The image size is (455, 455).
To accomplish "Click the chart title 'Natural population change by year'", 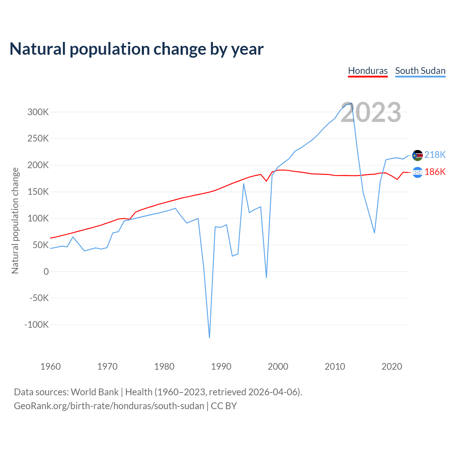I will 136,49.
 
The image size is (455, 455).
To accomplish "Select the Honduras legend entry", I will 368,71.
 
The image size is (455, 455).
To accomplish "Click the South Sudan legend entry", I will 420,71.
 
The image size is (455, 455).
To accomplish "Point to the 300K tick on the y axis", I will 38,112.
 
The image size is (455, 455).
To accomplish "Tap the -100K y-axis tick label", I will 36,325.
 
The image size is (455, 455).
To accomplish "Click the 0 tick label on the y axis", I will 46,272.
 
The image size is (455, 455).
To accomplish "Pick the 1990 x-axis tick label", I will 221,366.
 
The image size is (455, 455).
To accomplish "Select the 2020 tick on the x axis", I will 392,366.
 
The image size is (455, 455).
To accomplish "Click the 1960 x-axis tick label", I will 50,366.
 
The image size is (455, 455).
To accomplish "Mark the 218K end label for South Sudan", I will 435,155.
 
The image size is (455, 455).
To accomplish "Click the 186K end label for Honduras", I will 435,172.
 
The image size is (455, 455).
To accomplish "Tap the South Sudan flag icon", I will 417,155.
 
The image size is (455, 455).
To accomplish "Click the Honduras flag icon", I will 417,172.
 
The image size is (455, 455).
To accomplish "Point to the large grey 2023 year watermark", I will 371,112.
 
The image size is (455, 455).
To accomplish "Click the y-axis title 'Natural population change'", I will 15,220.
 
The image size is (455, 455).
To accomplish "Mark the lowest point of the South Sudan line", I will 209,337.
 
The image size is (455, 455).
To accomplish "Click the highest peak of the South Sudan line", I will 352,103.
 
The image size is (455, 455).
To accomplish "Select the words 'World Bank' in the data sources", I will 95,392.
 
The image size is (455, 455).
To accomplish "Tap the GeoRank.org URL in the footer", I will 109,406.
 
